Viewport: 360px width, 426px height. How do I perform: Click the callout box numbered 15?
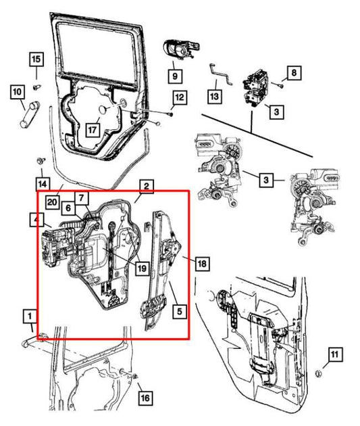click(36, 60)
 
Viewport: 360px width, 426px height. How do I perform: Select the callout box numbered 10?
click(17, 90)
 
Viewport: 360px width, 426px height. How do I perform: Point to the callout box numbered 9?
click(175, 75)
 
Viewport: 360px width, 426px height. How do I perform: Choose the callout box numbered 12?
click(178, 99)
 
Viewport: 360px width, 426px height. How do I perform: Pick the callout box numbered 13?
click(214, 96)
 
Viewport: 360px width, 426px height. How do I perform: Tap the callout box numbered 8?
click(292, 72)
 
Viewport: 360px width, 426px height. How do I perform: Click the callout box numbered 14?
click(43, 183)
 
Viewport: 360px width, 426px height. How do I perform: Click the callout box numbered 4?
click(36, 219)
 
